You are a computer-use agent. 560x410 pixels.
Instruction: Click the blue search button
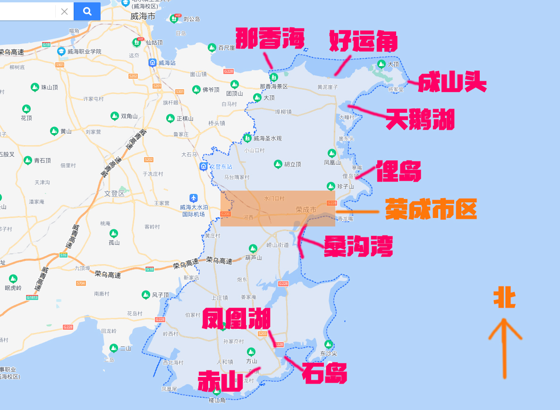click(x=87, y=11)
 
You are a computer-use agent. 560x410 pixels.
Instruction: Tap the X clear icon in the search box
click(x=65, y=11)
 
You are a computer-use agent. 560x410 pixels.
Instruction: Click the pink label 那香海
click(x=270, y=39)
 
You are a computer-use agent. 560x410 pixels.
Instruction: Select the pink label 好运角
click(x=363, y=42)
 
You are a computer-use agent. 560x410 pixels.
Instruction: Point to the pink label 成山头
click(x=452, y=83)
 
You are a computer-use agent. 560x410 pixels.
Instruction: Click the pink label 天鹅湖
click(x=420, y=119)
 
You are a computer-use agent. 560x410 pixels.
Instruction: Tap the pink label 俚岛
click(x=399, y=172)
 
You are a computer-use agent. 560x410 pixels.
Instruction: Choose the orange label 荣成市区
click(x=431, y=209)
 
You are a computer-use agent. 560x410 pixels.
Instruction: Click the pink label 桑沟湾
click(x=358, y=246)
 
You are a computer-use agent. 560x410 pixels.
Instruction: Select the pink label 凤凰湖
click(x=236, y=319)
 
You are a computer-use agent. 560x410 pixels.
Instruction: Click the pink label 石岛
click(x=324, y=374)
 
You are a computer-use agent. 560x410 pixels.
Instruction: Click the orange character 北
click(x=504, y=298)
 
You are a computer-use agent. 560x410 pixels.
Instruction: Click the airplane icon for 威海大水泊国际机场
click(x=193, y=198)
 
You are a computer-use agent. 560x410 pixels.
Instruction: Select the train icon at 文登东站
click(x=204, y=167)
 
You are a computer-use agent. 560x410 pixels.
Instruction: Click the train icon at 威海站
click(x=153, y=62)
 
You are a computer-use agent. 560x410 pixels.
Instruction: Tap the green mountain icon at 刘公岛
click(x=174, y=19)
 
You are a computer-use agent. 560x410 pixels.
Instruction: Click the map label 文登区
click(x=114, y=193)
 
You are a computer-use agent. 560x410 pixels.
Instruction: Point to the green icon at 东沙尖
click(x=328, y=344)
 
